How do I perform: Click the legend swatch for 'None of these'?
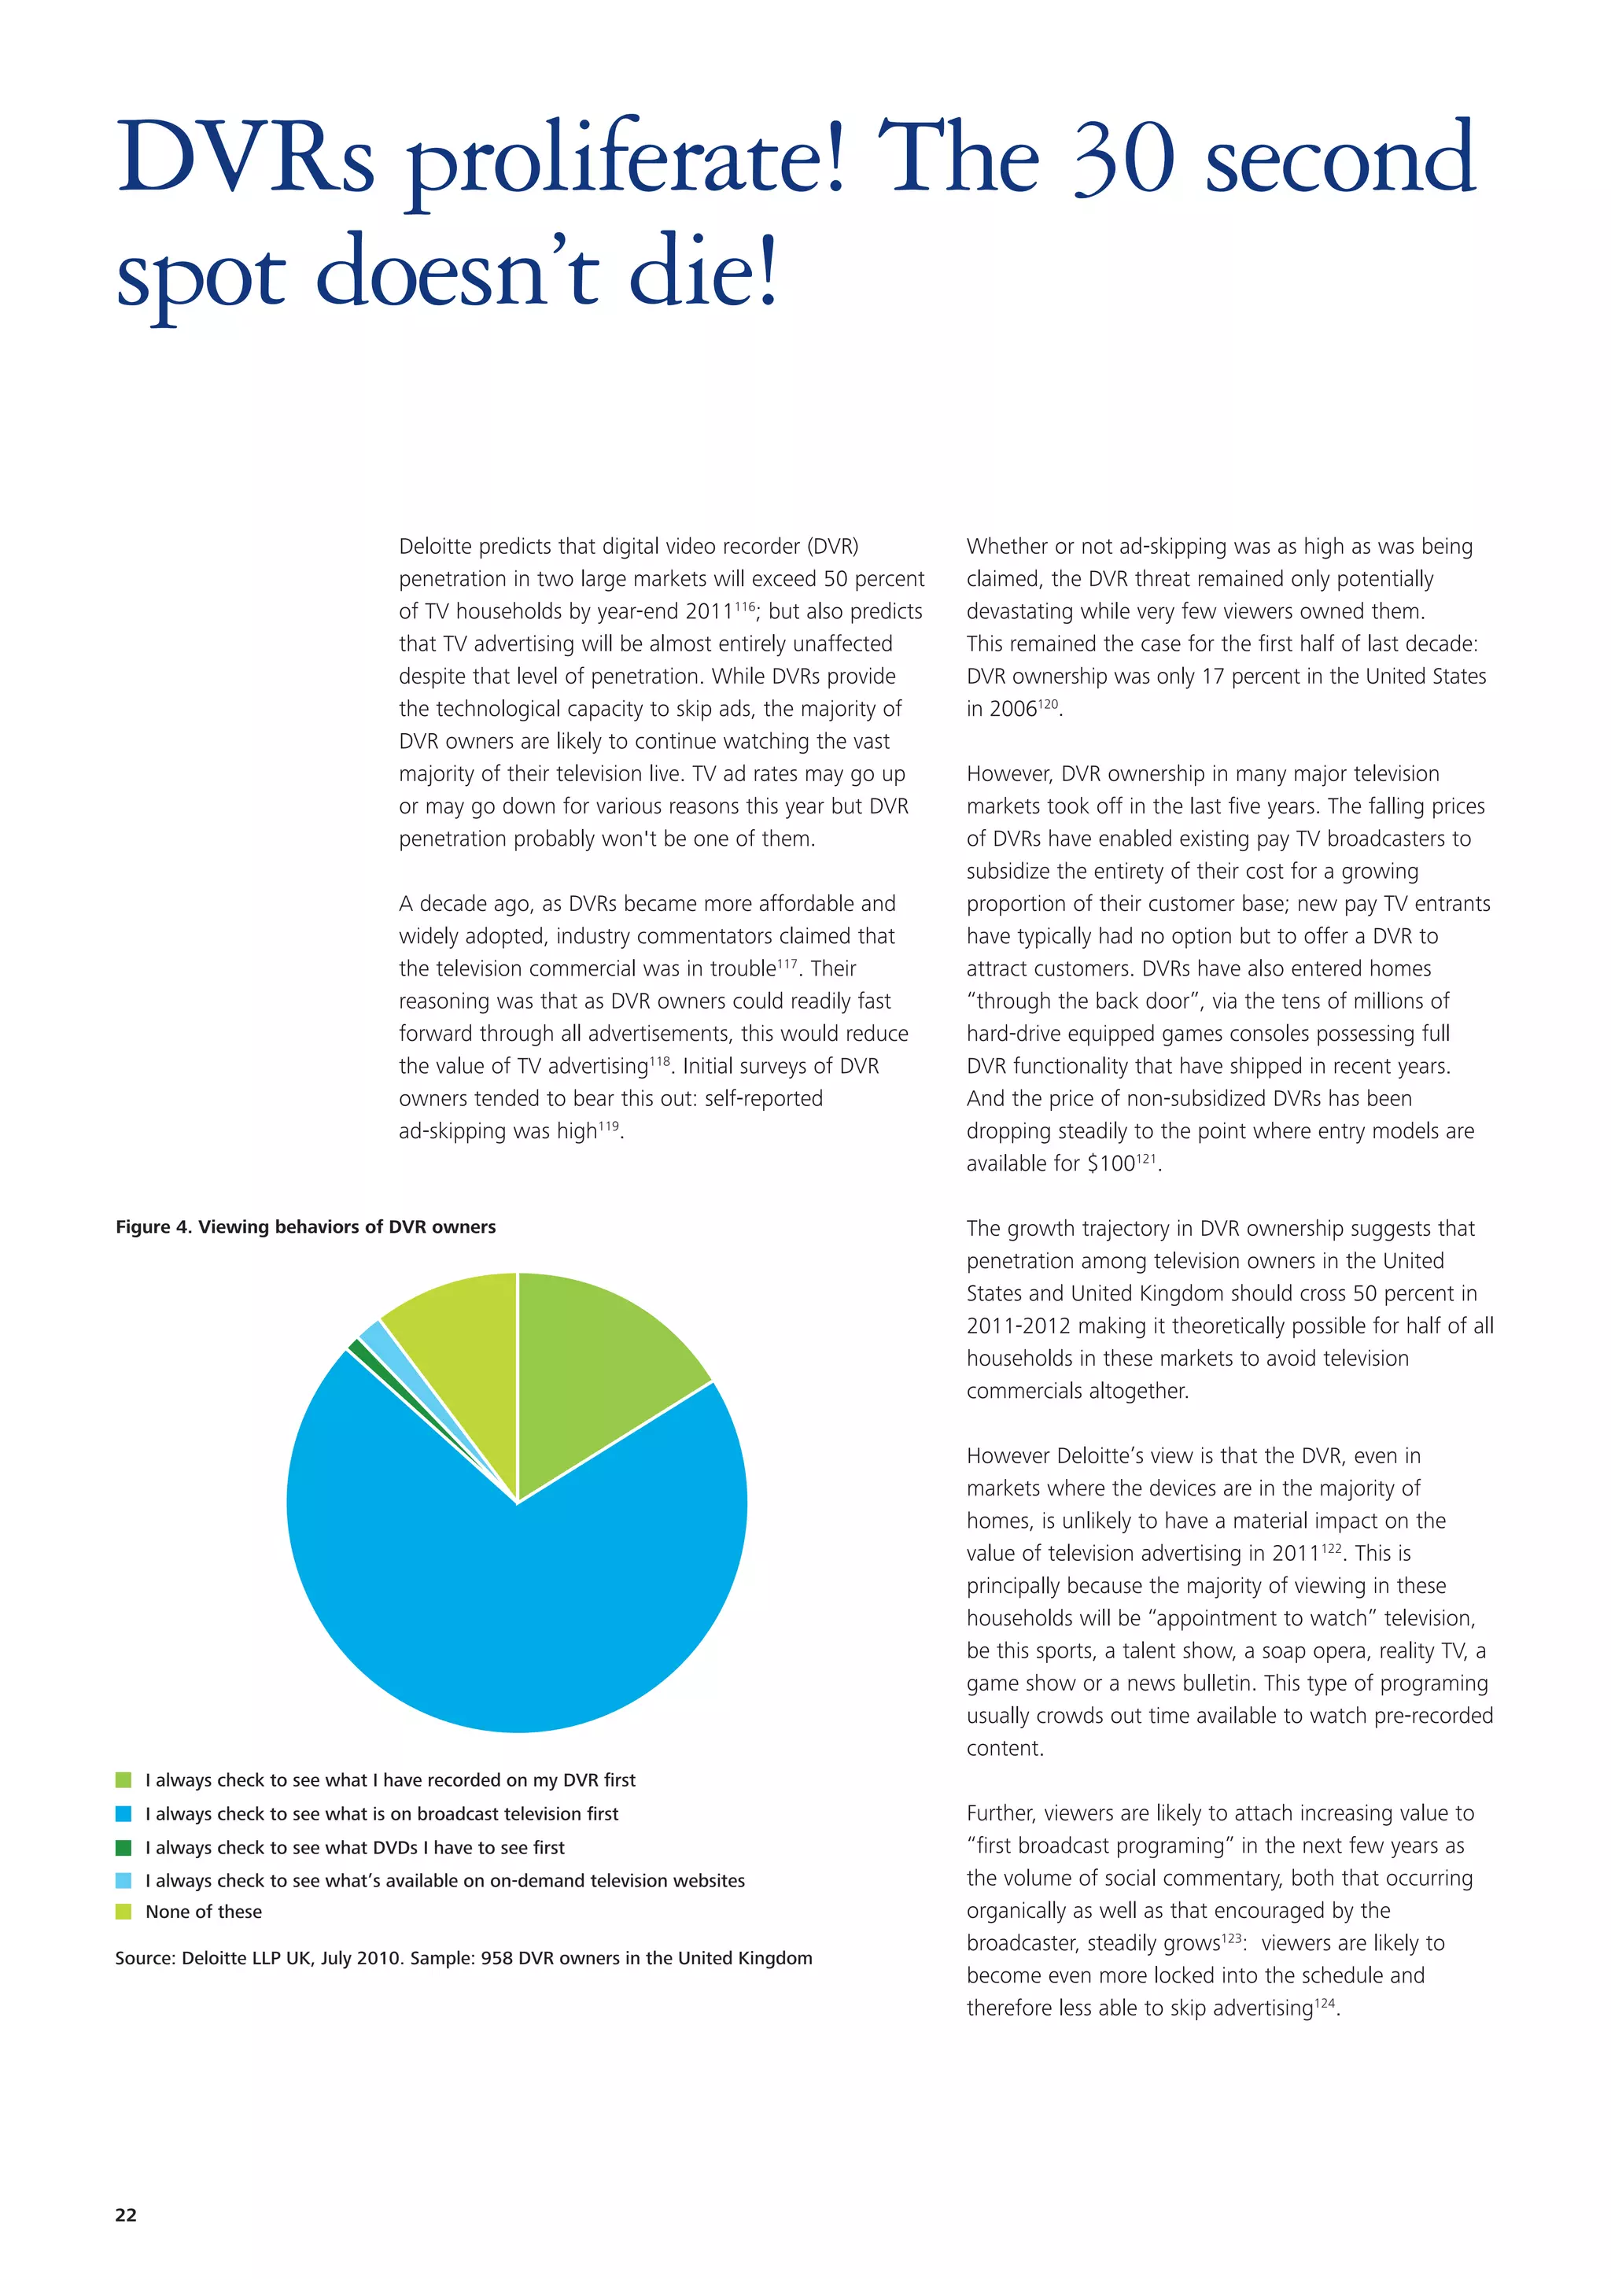(x=123, y=1912)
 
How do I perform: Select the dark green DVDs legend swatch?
(x=123, y=1847)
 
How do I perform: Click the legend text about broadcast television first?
(x=382, y=1813)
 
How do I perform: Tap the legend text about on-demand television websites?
(x=444, y=1880)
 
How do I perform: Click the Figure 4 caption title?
(x=306, y=1227)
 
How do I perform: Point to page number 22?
(x=126, y=2214)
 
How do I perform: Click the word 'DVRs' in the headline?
(x=245, y=159)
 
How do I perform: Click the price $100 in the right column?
(x=1111, y=1163)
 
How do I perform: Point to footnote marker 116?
(x=744, y=604)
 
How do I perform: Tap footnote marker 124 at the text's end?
(x=1325, y=2003)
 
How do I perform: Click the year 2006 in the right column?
(x=1012, y=709)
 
